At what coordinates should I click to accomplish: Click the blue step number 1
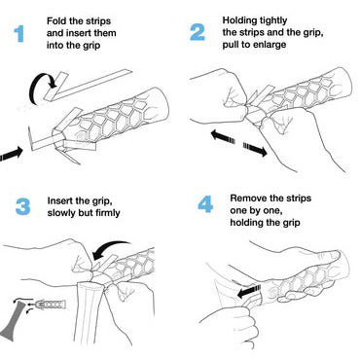coord(19,34)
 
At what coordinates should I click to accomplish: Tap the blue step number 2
coord(198,32)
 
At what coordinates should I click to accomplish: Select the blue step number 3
coord(22,207)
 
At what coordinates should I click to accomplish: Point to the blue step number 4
coord(205,204)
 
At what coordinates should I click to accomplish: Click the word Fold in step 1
coord(56,21)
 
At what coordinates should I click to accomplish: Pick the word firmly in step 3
coord(107,213)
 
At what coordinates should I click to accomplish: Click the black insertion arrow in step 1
coord(12,154)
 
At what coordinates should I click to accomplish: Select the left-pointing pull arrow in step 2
coord(223,136)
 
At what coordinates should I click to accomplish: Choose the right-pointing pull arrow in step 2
coord(255,150)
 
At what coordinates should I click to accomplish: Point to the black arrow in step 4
coord(249,291)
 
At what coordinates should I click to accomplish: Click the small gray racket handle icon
coord(15,321)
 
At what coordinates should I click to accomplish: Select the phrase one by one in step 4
coord(256,210)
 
